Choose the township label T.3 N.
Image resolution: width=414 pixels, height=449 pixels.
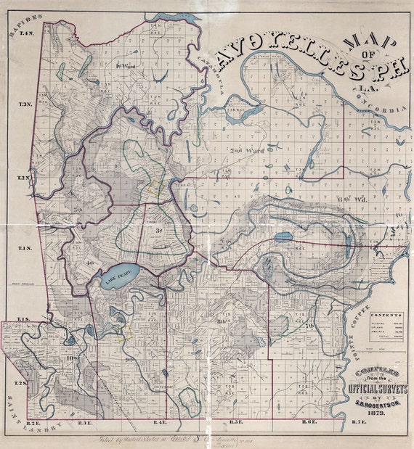[25, 105]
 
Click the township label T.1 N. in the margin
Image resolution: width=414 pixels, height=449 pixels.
[25, 248]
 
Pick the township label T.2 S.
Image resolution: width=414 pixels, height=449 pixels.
[21, 382]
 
